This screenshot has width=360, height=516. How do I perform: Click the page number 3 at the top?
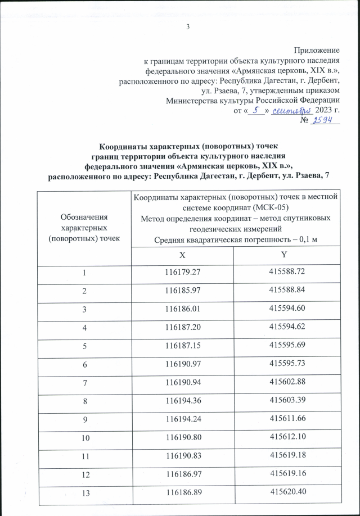click(188, 27)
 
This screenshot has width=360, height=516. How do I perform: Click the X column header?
click(182, 254)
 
